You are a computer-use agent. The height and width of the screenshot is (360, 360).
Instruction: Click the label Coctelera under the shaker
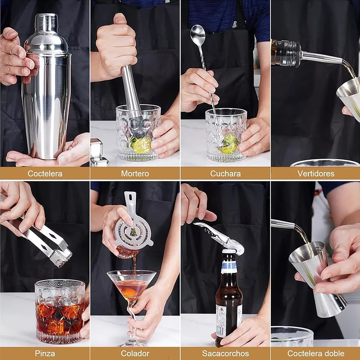pyautogui.click(x=45, y=173)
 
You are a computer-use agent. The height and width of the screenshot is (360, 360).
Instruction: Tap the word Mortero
pyautogui.click(x=135, y=173)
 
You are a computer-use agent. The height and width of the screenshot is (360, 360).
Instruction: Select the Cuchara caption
pyautogui.click(x=225, y=173)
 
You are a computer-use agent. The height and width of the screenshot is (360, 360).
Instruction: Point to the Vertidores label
pyautogui.click(x=315, y=173)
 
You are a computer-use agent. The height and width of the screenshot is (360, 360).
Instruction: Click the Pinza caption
pyautogui.click(x=45, y=353)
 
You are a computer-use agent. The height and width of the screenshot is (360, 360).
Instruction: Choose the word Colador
pyautogui.click(x=135, y=353)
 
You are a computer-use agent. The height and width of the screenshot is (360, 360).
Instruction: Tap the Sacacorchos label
pyautogui.click(x=225, y=353)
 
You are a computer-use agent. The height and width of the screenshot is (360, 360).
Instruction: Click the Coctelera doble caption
pyautogui.click(x=315, y=353)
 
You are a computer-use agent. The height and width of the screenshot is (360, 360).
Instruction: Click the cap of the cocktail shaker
pyautogui.click(x=46, y=23)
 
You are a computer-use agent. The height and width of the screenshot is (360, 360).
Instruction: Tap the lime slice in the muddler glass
pyautogui.click(x=141, y=144)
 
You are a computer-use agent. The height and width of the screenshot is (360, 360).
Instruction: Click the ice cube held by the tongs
pyautogui.click(x=61, y=257)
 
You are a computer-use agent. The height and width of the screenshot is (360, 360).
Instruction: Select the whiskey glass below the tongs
pyautogui.click(x=60, y=311)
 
